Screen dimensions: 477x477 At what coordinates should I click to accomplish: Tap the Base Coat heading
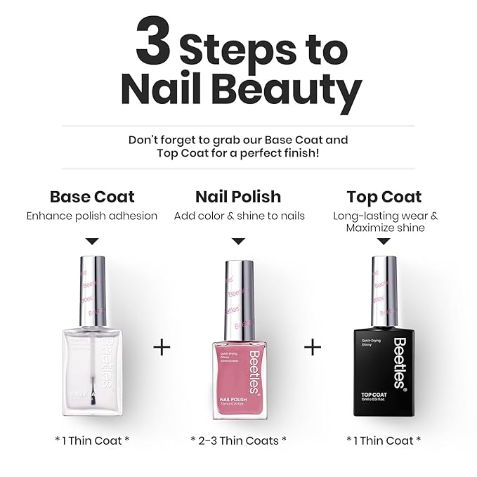(92, 197)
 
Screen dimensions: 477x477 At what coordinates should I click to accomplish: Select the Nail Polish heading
(238, 197)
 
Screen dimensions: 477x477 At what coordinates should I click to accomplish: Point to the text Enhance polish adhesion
(92, 216)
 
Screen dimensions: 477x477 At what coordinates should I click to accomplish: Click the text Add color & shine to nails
(239, 216)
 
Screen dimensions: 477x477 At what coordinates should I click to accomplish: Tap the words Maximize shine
(384, 228)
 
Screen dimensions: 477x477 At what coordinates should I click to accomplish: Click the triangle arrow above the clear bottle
(93, 241)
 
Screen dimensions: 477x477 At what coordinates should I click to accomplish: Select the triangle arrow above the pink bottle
(239, 241)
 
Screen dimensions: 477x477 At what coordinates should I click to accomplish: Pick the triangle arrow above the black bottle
(384, 241)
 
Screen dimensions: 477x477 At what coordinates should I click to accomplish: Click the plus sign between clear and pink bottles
(162, 347)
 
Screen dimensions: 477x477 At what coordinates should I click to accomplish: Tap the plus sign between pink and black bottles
(312, 347)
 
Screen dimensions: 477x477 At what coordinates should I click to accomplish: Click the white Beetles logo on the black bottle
(399, 362)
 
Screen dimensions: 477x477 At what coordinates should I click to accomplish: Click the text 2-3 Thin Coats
(239, 440)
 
